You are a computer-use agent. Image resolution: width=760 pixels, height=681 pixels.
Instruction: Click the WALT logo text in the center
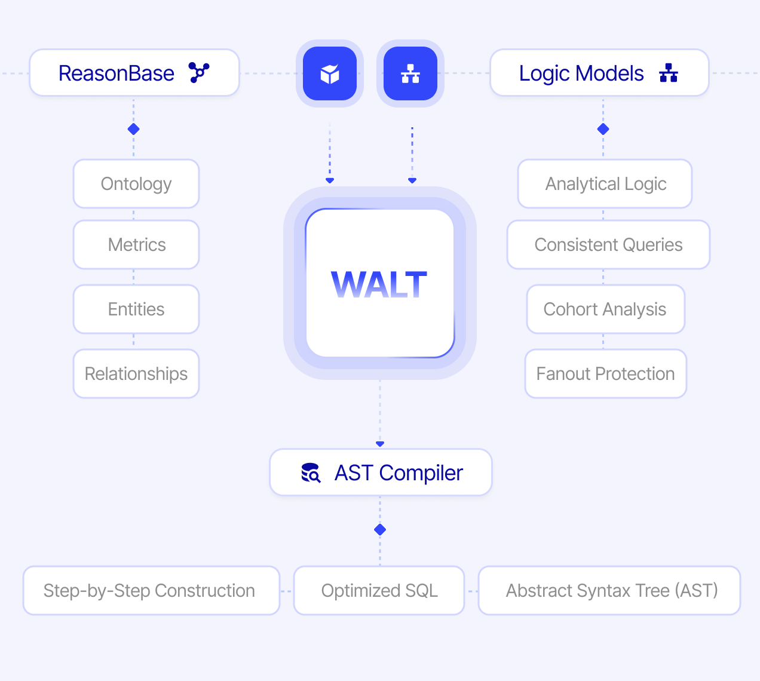379,284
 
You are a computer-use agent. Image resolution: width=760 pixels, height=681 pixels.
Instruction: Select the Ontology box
136,184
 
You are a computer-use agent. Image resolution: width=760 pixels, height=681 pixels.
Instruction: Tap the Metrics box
136,245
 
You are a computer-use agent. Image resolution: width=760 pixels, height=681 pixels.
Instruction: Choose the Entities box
136,309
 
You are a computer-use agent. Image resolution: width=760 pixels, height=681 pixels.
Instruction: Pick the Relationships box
136,374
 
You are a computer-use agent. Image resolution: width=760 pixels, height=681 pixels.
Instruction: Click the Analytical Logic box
605,184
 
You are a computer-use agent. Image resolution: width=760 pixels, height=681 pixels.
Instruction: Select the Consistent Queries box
608,245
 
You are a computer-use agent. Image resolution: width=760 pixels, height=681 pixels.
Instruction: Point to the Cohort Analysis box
605,309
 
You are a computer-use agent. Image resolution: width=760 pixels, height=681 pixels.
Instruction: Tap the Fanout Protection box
605,374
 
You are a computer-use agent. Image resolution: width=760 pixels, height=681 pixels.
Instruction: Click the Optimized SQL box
379,591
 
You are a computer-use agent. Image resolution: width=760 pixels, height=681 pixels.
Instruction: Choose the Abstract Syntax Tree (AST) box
610,591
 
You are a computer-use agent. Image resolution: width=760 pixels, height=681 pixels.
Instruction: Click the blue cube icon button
330,73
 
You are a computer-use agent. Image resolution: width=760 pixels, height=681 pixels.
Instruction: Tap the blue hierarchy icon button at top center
410,73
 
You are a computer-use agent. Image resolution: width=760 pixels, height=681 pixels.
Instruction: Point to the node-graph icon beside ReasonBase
199,73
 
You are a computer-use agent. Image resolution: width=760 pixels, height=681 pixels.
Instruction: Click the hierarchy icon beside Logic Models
669,73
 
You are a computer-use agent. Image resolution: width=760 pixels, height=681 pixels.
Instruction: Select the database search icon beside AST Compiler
311,473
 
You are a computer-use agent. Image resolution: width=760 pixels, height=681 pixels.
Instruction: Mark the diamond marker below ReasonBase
134,129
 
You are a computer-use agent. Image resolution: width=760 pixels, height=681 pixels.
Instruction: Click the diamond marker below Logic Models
603,129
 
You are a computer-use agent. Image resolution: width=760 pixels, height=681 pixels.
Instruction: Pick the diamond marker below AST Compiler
380,530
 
